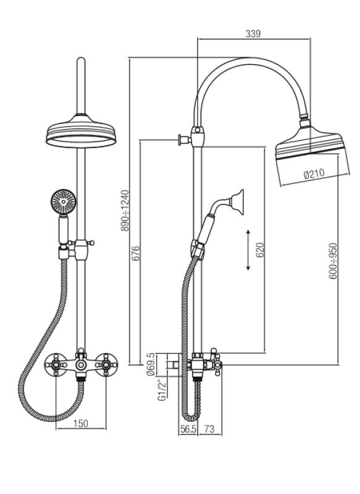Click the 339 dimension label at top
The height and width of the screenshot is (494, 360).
click(x=253, y=34)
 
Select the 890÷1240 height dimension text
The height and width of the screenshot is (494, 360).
click(x=125, y=211)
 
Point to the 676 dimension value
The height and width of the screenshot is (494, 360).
click(x=136, y=254)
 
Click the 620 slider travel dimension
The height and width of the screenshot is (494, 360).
click(x=260, y=249)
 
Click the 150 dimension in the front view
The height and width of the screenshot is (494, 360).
click(x=82, y=423)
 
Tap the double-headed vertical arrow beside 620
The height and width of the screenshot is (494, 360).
click(x=248, y=249)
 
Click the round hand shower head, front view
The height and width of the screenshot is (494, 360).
click(x=62, y=201)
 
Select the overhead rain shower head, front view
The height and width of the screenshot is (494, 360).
click(x=81, y=131)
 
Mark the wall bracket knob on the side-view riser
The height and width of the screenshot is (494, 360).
click(x=182, y=140)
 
